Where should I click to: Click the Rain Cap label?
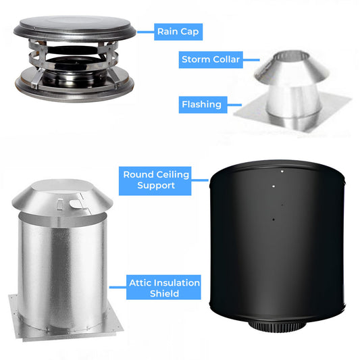178,31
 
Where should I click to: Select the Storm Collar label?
211,60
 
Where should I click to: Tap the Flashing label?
201,105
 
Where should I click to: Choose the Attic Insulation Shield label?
164,288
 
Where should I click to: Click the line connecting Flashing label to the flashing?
234,105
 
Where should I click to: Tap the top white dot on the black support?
282,172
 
